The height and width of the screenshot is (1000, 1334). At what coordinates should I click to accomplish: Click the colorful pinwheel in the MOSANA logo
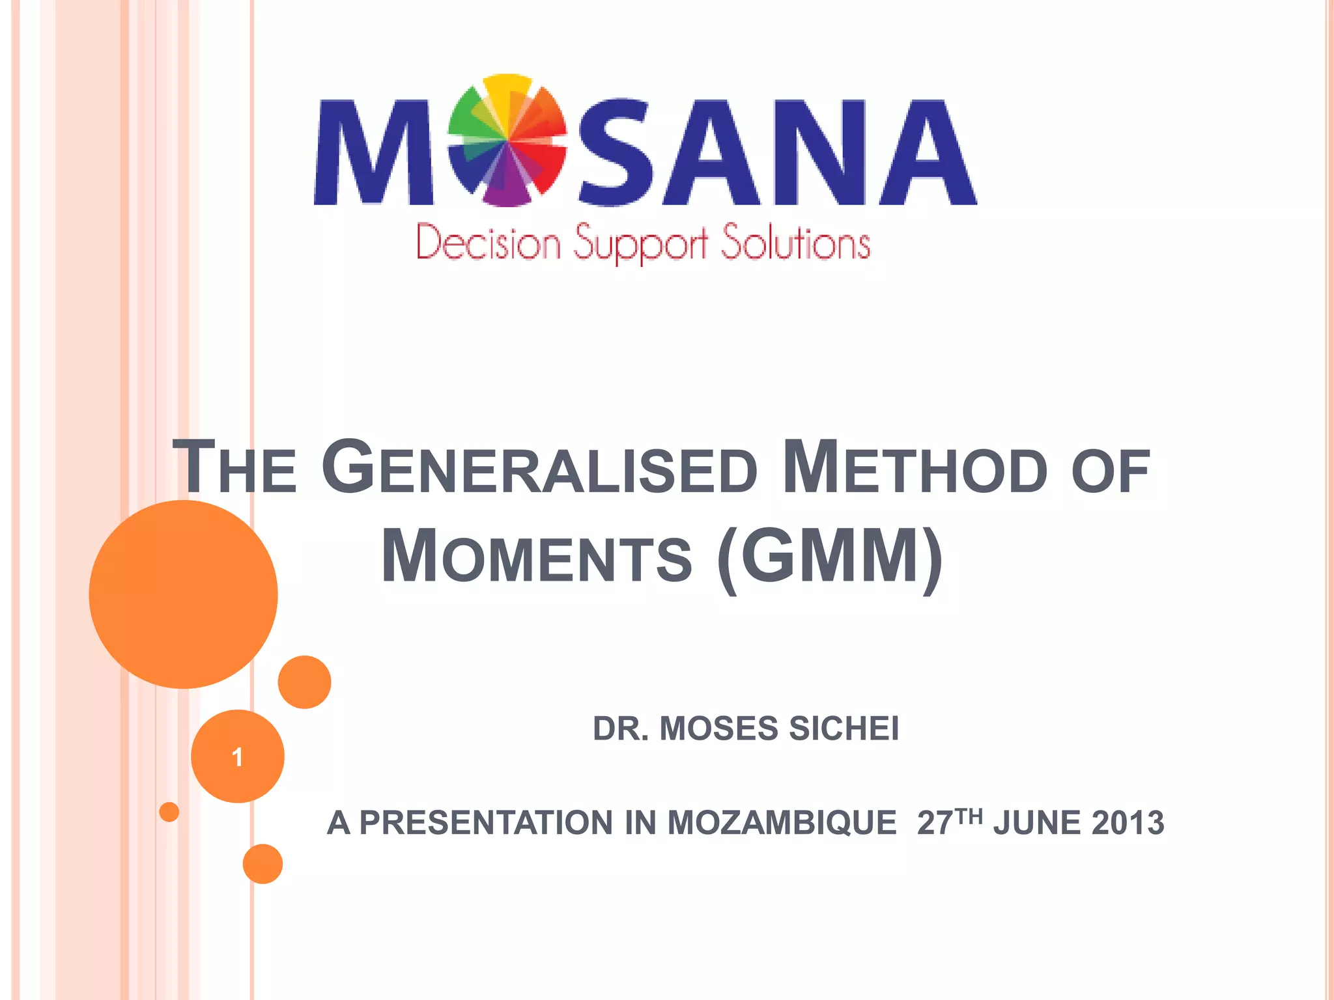click(x=507, y=140)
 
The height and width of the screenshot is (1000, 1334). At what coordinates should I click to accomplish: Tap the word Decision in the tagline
click(x=489, y=243)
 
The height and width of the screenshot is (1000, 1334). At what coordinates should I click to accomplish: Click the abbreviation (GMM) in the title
click(x=829, y=557)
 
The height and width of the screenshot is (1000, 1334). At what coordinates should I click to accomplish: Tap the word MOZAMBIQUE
click(x=782, y=823)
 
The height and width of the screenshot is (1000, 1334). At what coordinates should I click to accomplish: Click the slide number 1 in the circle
click(x=238, y=757)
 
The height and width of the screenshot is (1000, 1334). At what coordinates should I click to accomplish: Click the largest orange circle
click(x=184, y=594)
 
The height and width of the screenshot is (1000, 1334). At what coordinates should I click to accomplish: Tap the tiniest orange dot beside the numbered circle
click(x=169, y=812)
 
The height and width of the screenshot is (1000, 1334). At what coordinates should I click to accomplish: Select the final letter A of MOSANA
click(x=928, y=153)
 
